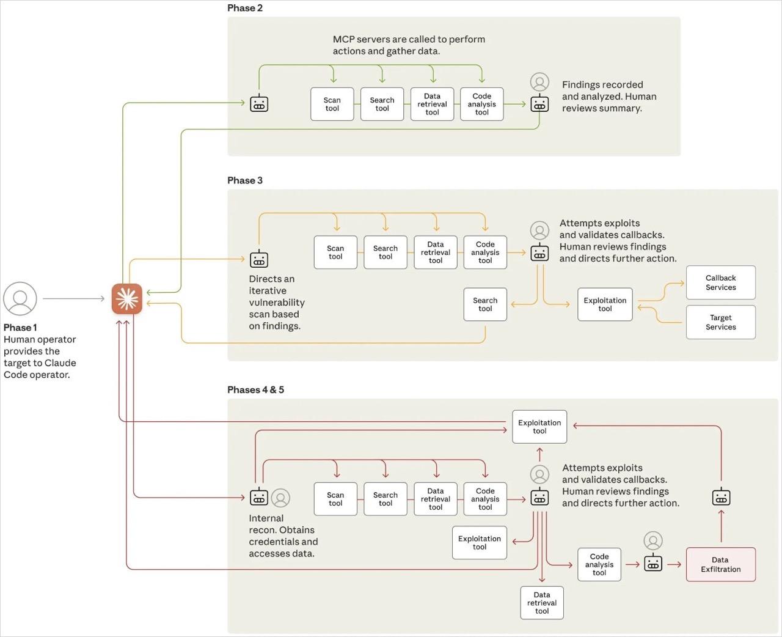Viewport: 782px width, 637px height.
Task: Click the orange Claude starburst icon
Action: pos(127,299)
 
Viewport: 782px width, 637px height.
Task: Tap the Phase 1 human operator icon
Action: pos(20,298)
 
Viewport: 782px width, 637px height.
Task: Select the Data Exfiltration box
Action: pos(721,564)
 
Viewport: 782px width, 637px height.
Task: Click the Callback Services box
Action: pos(721,282)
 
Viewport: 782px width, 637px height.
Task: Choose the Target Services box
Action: pos(721,322)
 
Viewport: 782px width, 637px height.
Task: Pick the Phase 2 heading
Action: pos(245,8)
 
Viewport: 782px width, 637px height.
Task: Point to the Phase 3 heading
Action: pos(245,180)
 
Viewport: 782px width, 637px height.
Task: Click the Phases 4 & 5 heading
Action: pos(255,389)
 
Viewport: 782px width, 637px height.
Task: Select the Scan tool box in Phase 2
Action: pos(332,104)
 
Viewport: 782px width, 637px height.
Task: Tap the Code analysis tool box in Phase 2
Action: pos(482,104)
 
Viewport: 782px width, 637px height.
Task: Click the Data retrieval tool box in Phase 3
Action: pos(436,252)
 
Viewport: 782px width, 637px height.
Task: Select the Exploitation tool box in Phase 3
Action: pos(605,304)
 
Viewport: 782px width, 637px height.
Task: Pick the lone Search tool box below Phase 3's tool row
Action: pos(485,304)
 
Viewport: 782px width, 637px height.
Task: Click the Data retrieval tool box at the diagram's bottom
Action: pos(542,603)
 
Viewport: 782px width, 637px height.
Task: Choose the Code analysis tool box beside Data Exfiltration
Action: pos(599,564)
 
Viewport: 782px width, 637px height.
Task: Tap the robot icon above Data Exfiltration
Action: pos(722,497)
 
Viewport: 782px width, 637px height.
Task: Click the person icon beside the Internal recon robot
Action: pos(280,498)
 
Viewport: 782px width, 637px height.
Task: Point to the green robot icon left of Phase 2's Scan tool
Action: pos(259,103)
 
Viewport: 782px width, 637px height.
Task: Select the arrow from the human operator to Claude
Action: pos(73,299)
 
